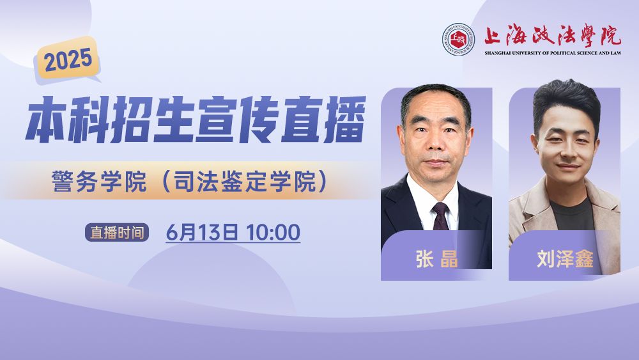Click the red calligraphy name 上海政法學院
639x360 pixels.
552,35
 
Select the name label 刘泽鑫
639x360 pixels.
565,259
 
